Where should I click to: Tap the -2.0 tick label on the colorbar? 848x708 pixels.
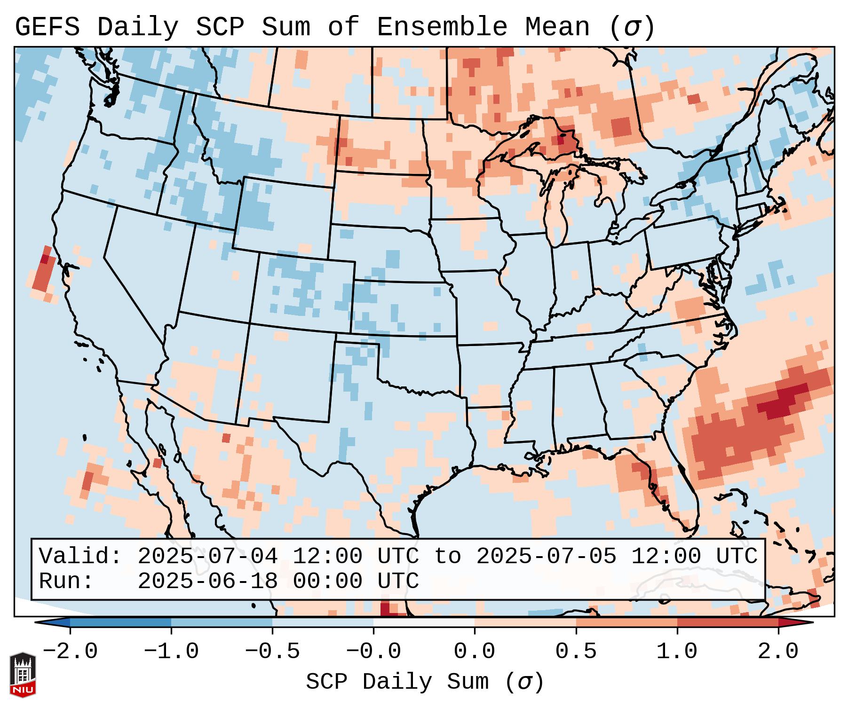70,652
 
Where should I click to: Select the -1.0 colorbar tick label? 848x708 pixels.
171,652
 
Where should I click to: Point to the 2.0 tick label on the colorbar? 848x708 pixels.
778,652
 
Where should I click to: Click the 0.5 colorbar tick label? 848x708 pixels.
576,652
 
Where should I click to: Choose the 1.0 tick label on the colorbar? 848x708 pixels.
677,652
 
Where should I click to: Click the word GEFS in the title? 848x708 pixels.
48,27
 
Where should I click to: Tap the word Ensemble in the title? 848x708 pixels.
442,27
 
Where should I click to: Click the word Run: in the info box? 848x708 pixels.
66,581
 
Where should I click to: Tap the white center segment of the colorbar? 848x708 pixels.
424,622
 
